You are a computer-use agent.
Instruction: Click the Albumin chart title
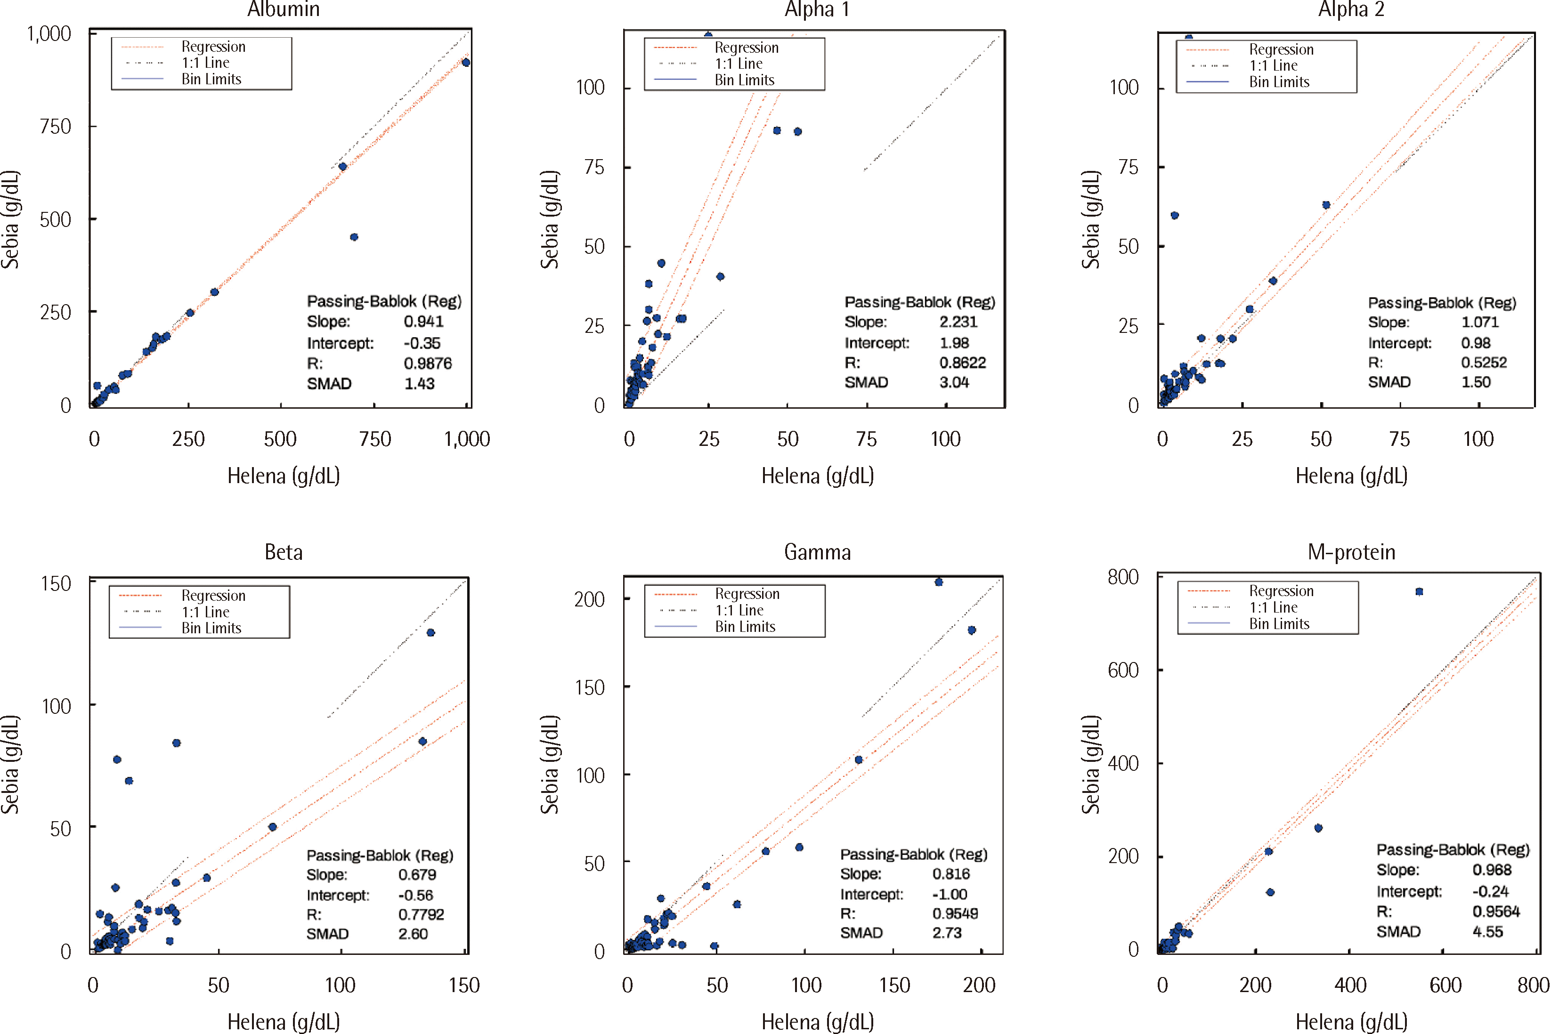[x=284, y=9]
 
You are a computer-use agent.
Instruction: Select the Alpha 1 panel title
[x=817, y=9]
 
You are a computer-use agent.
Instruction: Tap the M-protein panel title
[x=1351, y=552]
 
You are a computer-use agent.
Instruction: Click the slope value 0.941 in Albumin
[x=423, y=322]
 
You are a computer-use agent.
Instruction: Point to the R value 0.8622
[x=962, y=363]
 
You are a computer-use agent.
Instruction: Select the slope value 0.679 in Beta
[x=417, y=874]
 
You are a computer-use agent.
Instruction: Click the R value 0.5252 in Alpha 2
[x=1483, y=363]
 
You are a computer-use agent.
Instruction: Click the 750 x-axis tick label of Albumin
[x=375, y=439]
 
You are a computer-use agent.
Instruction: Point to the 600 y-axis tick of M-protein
[x=1123, y=670]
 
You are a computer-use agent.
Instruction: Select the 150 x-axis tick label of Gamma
[x=894, y=985]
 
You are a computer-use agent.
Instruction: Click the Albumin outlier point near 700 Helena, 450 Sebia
[x=354, y=237]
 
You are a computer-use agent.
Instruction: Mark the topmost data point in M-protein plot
[x=1419, y=591]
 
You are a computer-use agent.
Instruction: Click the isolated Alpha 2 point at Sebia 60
[x=1175, y=216]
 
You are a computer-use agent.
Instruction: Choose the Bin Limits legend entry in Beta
[x=211, y=628]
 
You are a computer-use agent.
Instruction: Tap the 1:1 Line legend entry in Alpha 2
[x=1273, y=66]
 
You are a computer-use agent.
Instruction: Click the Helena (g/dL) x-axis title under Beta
[x=284, y=1021]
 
